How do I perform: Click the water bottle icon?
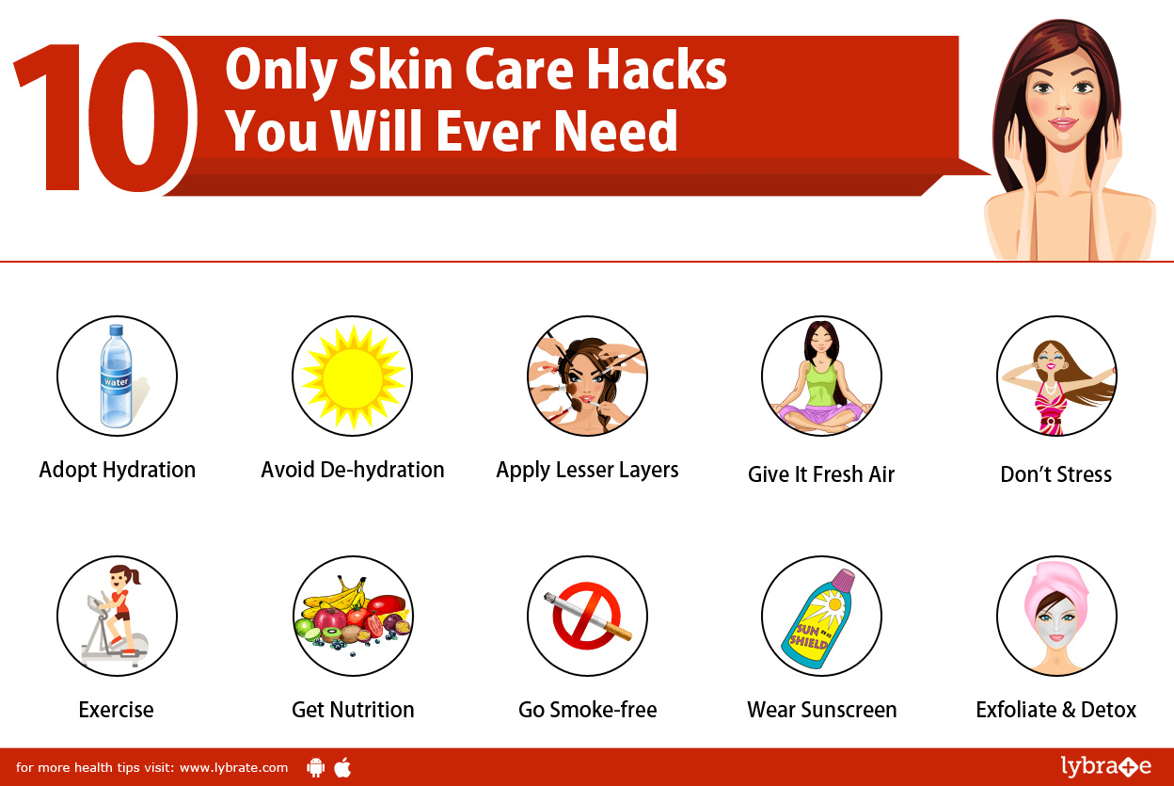pyautogui.click(x=117, y=376)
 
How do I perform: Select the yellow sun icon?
pyautogui.click(x=352, y=377)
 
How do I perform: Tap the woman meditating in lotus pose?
pyautogui.click(x=820, y=377)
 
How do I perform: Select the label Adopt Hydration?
pyautogui.click(x=118, y=470)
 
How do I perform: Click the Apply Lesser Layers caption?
pyautogui.click(x=587, y=470)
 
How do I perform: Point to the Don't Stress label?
pyautogui.click(x=1055, y=474)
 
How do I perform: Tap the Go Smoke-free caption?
pyautogui.click(x=587, y=710)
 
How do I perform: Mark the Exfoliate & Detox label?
pyautogui.click(x=1055, y=710)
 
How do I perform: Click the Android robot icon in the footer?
pyautogui.click(x=316, y=767)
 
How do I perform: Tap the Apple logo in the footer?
pyautogui.click(x=342, y=767)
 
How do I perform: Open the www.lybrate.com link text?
pyautogui.click(x=233, y=767)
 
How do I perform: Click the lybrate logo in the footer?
pyautogui.click(x=1104, y=766)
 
